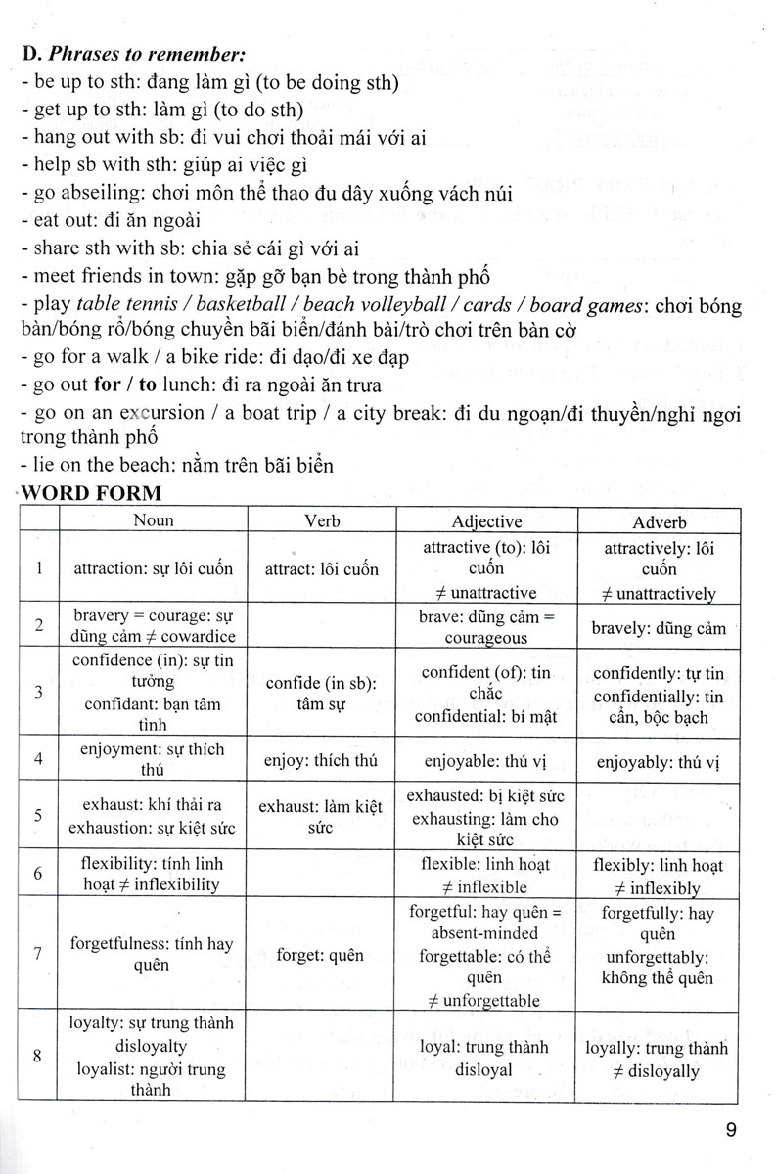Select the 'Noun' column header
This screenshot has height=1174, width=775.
coord(154,520)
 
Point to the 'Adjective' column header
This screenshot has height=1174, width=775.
coord(486,520)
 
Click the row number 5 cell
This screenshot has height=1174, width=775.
coord(38,814)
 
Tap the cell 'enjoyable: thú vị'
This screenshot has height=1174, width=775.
coord(486,759)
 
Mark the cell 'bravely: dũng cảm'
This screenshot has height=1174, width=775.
coord(660,627)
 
